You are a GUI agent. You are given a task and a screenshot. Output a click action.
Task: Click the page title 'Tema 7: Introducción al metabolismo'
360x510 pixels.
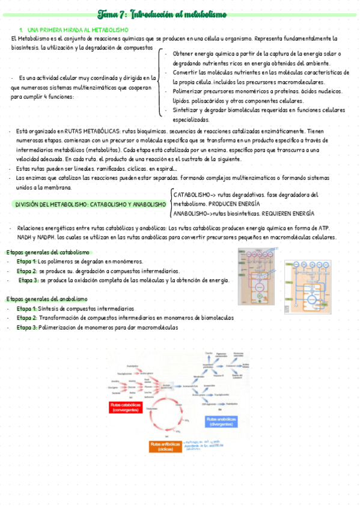pos(179,14)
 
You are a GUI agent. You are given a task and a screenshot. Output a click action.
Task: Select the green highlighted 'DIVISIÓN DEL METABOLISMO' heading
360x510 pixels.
pos(90,204)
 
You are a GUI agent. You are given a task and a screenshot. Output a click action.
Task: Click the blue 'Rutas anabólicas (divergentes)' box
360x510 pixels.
pos(221,420)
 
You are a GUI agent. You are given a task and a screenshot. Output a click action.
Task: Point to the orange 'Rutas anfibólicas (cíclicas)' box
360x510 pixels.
pos(165,446)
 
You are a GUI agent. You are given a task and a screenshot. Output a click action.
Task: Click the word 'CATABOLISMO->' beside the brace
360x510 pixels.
pos(194,195)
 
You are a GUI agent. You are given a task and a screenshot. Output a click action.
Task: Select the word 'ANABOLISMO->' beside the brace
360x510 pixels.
pos(192,214)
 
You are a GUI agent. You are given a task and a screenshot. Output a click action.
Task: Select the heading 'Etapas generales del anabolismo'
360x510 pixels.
pos(46,299)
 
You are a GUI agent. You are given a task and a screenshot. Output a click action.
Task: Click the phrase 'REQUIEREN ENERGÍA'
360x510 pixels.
pos(286,214)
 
